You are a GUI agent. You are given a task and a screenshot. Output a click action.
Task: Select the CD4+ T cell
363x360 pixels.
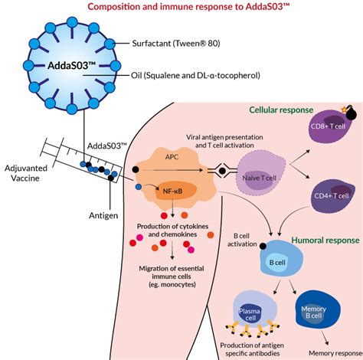pos(332,196)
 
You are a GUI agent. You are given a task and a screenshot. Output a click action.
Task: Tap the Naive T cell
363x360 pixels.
pos(261,175)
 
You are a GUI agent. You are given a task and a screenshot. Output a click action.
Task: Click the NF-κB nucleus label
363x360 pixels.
pos(172,191)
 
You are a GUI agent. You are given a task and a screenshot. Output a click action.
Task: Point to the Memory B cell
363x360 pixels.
pos(318,310)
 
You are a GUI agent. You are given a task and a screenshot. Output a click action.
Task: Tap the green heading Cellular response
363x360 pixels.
pos(281,110)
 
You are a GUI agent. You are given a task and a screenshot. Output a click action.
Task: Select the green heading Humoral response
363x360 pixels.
pos(325,241)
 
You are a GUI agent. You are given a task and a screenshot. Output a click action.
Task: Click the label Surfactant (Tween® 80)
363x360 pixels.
pos(176,44)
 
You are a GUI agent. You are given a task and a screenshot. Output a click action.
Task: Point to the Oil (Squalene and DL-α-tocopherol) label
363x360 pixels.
pos(195,76)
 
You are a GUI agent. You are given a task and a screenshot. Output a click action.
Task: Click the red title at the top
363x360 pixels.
pos(188,6)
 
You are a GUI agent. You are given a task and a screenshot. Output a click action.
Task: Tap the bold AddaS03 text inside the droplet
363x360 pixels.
pos(71,66)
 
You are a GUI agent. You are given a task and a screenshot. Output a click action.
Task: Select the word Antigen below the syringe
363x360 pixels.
pos(103,216)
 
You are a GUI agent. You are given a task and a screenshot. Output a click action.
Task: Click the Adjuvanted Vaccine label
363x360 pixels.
pos(26,173)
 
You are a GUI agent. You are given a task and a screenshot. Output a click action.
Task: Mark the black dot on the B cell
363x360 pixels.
pos(263,246)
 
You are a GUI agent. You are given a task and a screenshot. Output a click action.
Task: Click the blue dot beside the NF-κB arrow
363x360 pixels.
pos(139,187)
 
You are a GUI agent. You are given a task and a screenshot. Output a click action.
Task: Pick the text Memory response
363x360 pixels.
pos(336,353)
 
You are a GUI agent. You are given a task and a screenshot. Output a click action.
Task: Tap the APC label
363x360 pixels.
pos(172,157)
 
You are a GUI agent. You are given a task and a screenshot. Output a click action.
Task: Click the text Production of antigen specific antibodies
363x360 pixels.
pos(252,349)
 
